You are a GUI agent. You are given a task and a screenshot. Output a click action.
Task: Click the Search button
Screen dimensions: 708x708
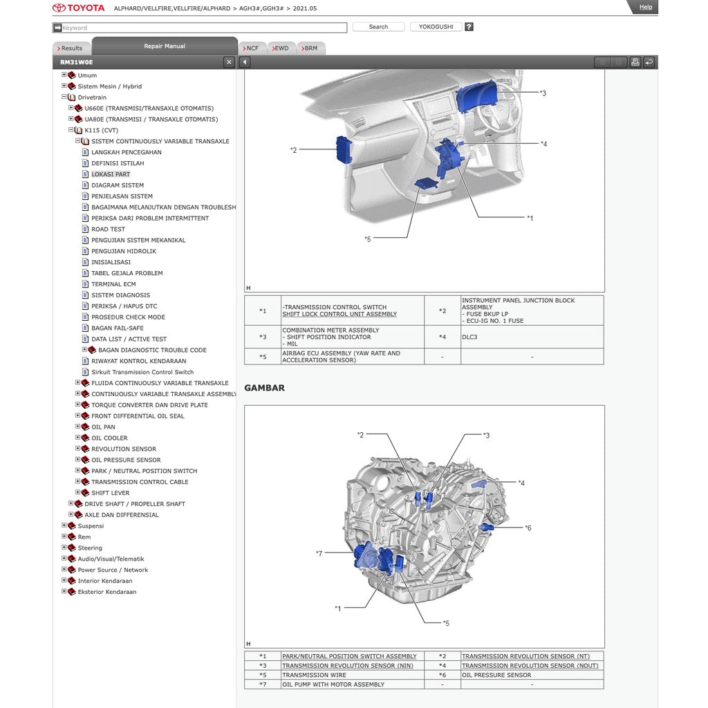(x=378, y=27)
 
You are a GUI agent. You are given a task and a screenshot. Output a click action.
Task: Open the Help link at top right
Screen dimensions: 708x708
(x=645, y=7)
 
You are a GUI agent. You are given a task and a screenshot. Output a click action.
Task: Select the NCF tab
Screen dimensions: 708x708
(x=252, y=48)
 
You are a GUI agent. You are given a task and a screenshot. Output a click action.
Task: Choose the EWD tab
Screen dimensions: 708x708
(x=281, y=48)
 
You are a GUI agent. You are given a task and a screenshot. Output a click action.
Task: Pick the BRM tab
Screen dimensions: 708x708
(x=310, y=48)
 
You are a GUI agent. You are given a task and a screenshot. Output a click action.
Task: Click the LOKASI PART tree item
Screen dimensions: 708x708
(x=111, y=174)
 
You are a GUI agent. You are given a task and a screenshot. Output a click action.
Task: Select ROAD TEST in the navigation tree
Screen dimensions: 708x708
(x=109, y=230)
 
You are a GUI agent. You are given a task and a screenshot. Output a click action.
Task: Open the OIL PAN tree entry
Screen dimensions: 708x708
(x=103, y=427)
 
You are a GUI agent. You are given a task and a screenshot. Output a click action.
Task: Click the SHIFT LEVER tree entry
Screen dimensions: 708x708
(x=111, y=493)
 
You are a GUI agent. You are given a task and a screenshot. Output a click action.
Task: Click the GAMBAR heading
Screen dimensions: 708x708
(x=264, y=388)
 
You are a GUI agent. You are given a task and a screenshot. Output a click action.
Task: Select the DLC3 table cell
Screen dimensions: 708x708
(x=469, y=337)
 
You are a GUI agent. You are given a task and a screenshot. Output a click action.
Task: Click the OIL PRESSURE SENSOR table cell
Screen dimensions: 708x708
(x=496, y=676)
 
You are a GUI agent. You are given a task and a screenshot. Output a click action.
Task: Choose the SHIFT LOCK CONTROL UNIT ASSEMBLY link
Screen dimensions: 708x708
(x=339, y=315)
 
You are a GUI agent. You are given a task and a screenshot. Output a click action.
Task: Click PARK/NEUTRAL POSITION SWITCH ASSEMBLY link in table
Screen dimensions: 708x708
(x=349, y=656)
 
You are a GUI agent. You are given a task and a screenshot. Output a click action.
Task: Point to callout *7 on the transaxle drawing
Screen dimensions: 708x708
(x=319, y=553)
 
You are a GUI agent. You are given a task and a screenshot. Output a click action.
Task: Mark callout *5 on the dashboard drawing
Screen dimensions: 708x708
(x=368, y=239)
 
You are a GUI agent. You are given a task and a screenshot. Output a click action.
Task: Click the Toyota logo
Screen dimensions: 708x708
(x=79, y=8)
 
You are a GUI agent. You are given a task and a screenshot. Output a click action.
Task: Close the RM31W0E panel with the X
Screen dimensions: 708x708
(x=229, y=62)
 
